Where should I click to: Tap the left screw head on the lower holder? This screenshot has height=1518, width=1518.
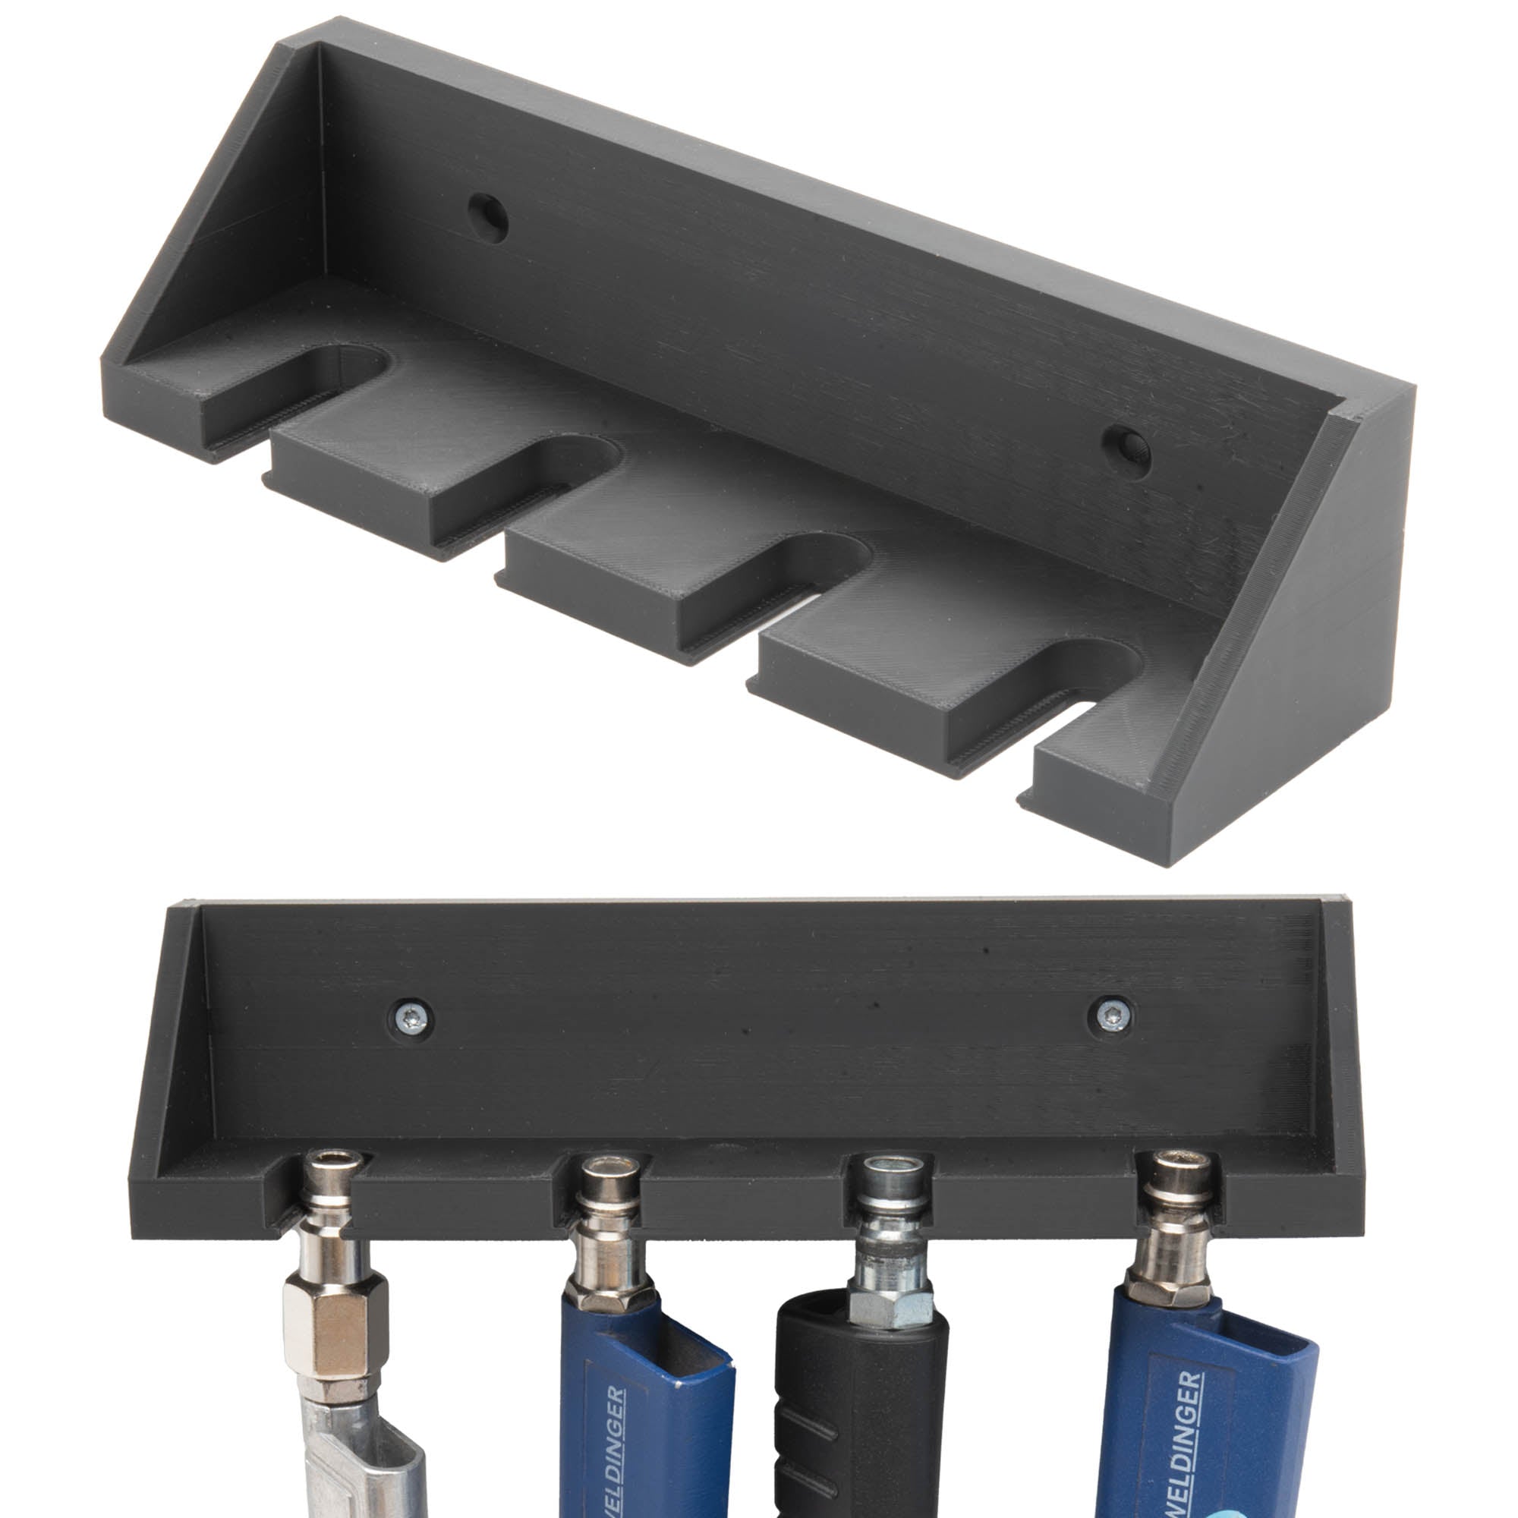(412, 1019)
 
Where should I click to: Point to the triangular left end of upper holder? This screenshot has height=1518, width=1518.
(213, 236)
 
